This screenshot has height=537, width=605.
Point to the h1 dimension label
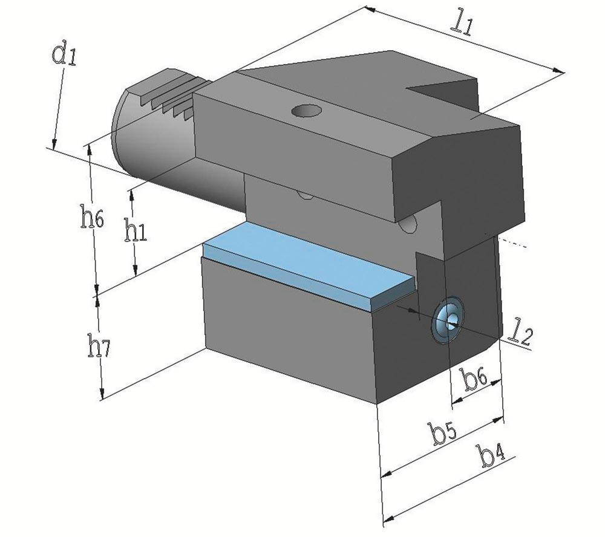click(135, 231)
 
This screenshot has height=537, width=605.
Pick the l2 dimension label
click(521, 335)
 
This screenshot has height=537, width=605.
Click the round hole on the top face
click(307, 111)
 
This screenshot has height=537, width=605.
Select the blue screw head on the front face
click(448, 319)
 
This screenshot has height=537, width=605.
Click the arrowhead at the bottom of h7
click(102, 394)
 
